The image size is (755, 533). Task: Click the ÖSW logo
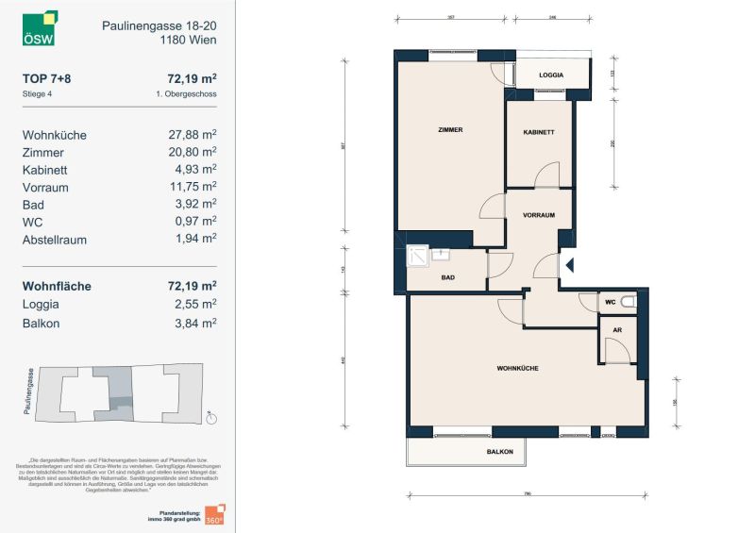(40, 28)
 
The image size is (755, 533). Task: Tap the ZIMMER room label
(450, 129)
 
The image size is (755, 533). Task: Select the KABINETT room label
(539, 133)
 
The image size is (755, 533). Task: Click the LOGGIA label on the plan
(551, 75)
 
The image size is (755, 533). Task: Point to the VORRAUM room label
(539, 215)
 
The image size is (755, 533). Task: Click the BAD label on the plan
(448, 278)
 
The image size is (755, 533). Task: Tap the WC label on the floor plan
(611, 302)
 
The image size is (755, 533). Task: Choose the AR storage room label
(617, 331)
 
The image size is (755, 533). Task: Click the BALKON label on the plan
(500, 453)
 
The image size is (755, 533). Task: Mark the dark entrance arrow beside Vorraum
(568, 267)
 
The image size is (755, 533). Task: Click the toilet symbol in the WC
(629, 303)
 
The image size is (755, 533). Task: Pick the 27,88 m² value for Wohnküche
(193, 135)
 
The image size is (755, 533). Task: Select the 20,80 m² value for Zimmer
(193, 152)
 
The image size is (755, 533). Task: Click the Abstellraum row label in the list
(55, 240)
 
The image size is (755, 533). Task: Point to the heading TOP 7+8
(46, 79)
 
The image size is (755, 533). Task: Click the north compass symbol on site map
(211, 419)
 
